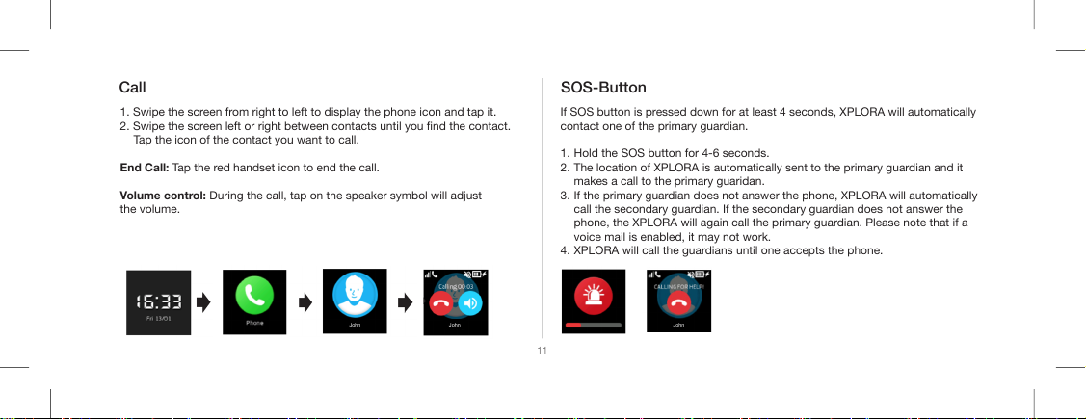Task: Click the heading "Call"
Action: click(132, 88)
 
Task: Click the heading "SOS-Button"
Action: click(602, 88)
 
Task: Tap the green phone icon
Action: click(254, 297)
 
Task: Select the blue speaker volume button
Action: click(470, 302)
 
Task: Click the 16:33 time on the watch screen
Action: click(159, 301)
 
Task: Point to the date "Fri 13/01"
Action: click(159, 319)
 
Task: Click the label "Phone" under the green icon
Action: click(254, 323)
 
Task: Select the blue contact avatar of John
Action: click(355, 297)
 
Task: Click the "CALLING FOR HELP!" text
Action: click(678, 285)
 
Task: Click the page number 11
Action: click(542, 351)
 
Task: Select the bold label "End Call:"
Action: click(145, 168)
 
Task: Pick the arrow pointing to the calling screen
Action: click(405, 301)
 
